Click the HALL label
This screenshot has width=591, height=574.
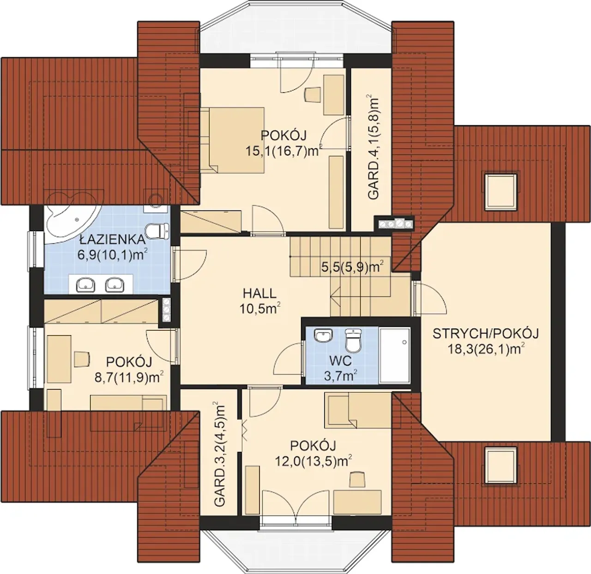tap(259, 293)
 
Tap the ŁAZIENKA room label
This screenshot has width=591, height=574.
tap(112, 240)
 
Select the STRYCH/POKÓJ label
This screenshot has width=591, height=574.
tap(486, 334)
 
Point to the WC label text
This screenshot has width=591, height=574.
tap(340, 361)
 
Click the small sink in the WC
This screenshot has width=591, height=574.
tap(324, 335)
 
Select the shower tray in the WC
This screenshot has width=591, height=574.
tap(394, 355)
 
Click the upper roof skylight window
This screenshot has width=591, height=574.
tap(500, 191)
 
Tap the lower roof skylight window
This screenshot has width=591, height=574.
tap(500, 464)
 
